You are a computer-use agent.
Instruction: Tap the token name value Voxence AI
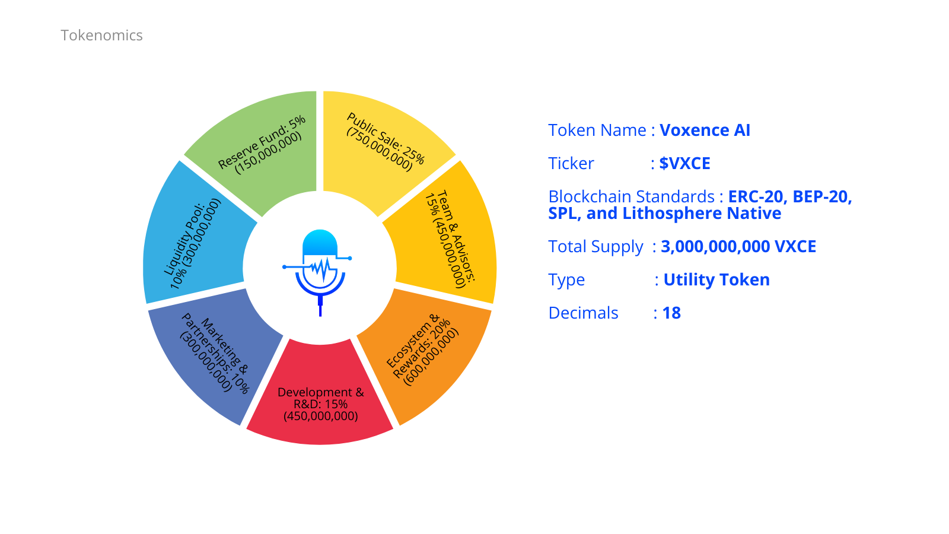tap(705, 131)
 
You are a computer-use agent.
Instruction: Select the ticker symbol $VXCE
tap(684, 164)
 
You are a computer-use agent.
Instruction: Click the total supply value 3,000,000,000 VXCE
tap(738, 247)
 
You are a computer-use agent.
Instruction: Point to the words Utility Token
tap(716, 280)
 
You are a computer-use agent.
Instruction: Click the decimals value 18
tap(671, 313)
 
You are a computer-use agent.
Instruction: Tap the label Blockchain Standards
tap(632, 197)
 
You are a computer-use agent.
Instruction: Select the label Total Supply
tap(595, 247)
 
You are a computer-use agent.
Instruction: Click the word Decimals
tap(584, 313)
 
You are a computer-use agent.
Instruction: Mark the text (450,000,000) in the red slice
tap(320, 416)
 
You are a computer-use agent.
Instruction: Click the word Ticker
tap(571, 164)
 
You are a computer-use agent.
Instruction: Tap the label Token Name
tap(597, 131)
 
